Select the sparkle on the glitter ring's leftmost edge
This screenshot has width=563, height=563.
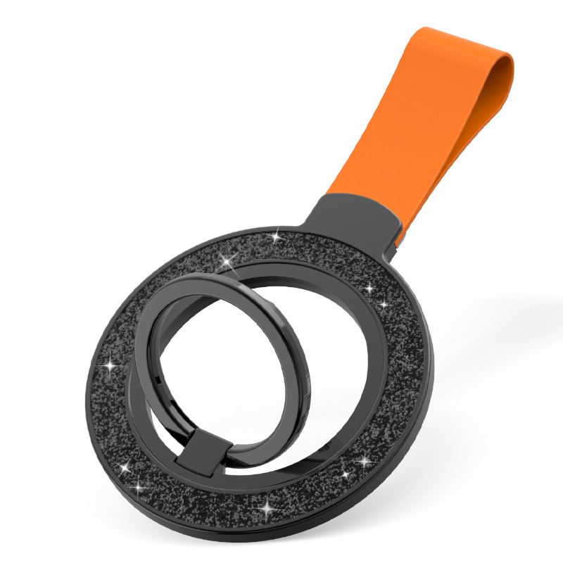click(110, 365)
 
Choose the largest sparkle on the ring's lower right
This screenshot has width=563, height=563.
click(364, 461)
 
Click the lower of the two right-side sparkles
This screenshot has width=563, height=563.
click(384, 305)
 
